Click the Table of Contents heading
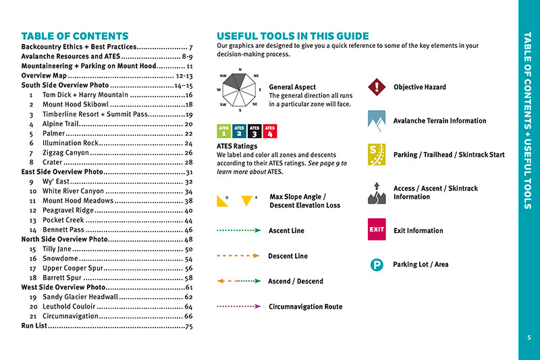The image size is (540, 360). (x=75, y=36)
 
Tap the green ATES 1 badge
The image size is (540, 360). (x=223, y=131)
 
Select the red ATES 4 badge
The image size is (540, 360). (x=269, y=131)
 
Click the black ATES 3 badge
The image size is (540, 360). (x=254, y=131)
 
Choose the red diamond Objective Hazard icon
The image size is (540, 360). (x=376, y=87)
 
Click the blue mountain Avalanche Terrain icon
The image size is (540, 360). (x=376, y=120)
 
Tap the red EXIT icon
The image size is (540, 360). (x=376, y=230)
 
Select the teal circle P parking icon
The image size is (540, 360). (x=377, y=265)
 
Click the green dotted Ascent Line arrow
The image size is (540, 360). (x=238, y=230)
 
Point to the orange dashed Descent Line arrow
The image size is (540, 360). (x=238, y=256)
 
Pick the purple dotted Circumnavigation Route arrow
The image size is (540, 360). (x=238, y=306)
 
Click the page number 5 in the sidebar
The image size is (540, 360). (x=529, y=338)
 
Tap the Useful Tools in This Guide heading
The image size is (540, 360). (x=292, y=36)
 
